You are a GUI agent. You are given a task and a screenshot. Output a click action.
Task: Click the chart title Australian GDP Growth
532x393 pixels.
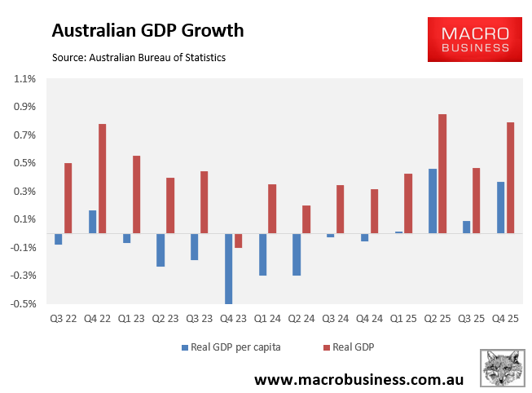pyautogui.click(x=147, y=31)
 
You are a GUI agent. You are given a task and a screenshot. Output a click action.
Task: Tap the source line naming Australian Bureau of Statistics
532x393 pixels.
pyautogui.click(x=138, y=58)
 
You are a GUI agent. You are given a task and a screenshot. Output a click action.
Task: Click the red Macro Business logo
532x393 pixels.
pyautogui.click(x=475, y=38)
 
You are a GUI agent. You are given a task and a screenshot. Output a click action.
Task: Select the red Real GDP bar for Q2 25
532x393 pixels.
pyautogui.click(x=442, y=174)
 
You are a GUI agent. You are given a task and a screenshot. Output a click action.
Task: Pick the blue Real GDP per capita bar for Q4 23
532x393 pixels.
pyautogui.click(x=229, y=268)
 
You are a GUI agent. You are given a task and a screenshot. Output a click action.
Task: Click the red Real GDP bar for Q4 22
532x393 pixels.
pyautogui.click(x=102, y=179)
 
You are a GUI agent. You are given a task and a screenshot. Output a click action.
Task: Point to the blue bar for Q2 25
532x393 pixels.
pyautogui.click(x=433, y=201)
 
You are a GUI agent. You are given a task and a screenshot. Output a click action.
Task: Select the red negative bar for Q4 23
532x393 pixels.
pyautogui.click(x=239, y=241)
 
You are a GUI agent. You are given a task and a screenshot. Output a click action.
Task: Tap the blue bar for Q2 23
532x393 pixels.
pyautogui.click(x=160, y=250)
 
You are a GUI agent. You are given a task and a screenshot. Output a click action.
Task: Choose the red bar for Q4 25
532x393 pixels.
pyautogui.click(x=511, y=178)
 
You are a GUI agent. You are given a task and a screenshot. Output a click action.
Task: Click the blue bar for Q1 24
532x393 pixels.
pyautogui.click(x=263, y=254)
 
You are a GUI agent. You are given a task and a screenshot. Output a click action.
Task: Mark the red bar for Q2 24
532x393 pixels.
pyautogui.click(x=306, y=219)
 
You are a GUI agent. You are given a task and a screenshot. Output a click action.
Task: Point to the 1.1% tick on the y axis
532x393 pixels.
pyautogui.click(x=24, y=79)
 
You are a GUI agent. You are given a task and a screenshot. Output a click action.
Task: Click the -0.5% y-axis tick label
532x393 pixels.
pyautogui.click(x=24, y=304)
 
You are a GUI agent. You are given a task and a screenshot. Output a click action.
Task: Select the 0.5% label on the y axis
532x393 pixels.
pyautogui.click(x=24, y=163)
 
